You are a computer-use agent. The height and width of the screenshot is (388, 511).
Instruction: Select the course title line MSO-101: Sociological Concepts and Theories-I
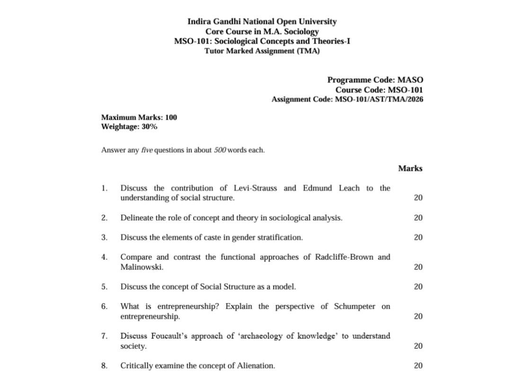pos(262,41)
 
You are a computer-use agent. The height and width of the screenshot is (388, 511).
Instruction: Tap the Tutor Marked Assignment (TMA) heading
pos(262,51)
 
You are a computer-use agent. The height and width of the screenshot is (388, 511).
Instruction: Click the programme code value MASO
pos(410,80)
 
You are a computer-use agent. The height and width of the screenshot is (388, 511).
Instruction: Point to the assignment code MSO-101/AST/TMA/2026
pos(379,99)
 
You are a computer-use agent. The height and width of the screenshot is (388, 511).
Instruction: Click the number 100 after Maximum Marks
pos(171,117)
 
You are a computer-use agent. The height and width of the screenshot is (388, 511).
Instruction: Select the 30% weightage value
pos(150,127)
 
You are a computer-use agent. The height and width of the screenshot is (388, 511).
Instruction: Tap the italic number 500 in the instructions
pos(220,150)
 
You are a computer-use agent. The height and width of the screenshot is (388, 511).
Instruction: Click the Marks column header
pos(410,168)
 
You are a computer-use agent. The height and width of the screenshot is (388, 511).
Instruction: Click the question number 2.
pos(104,218)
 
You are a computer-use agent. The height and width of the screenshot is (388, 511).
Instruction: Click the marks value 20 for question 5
pos(418,287)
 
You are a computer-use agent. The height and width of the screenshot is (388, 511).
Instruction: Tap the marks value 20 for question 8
pos(418,366)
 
